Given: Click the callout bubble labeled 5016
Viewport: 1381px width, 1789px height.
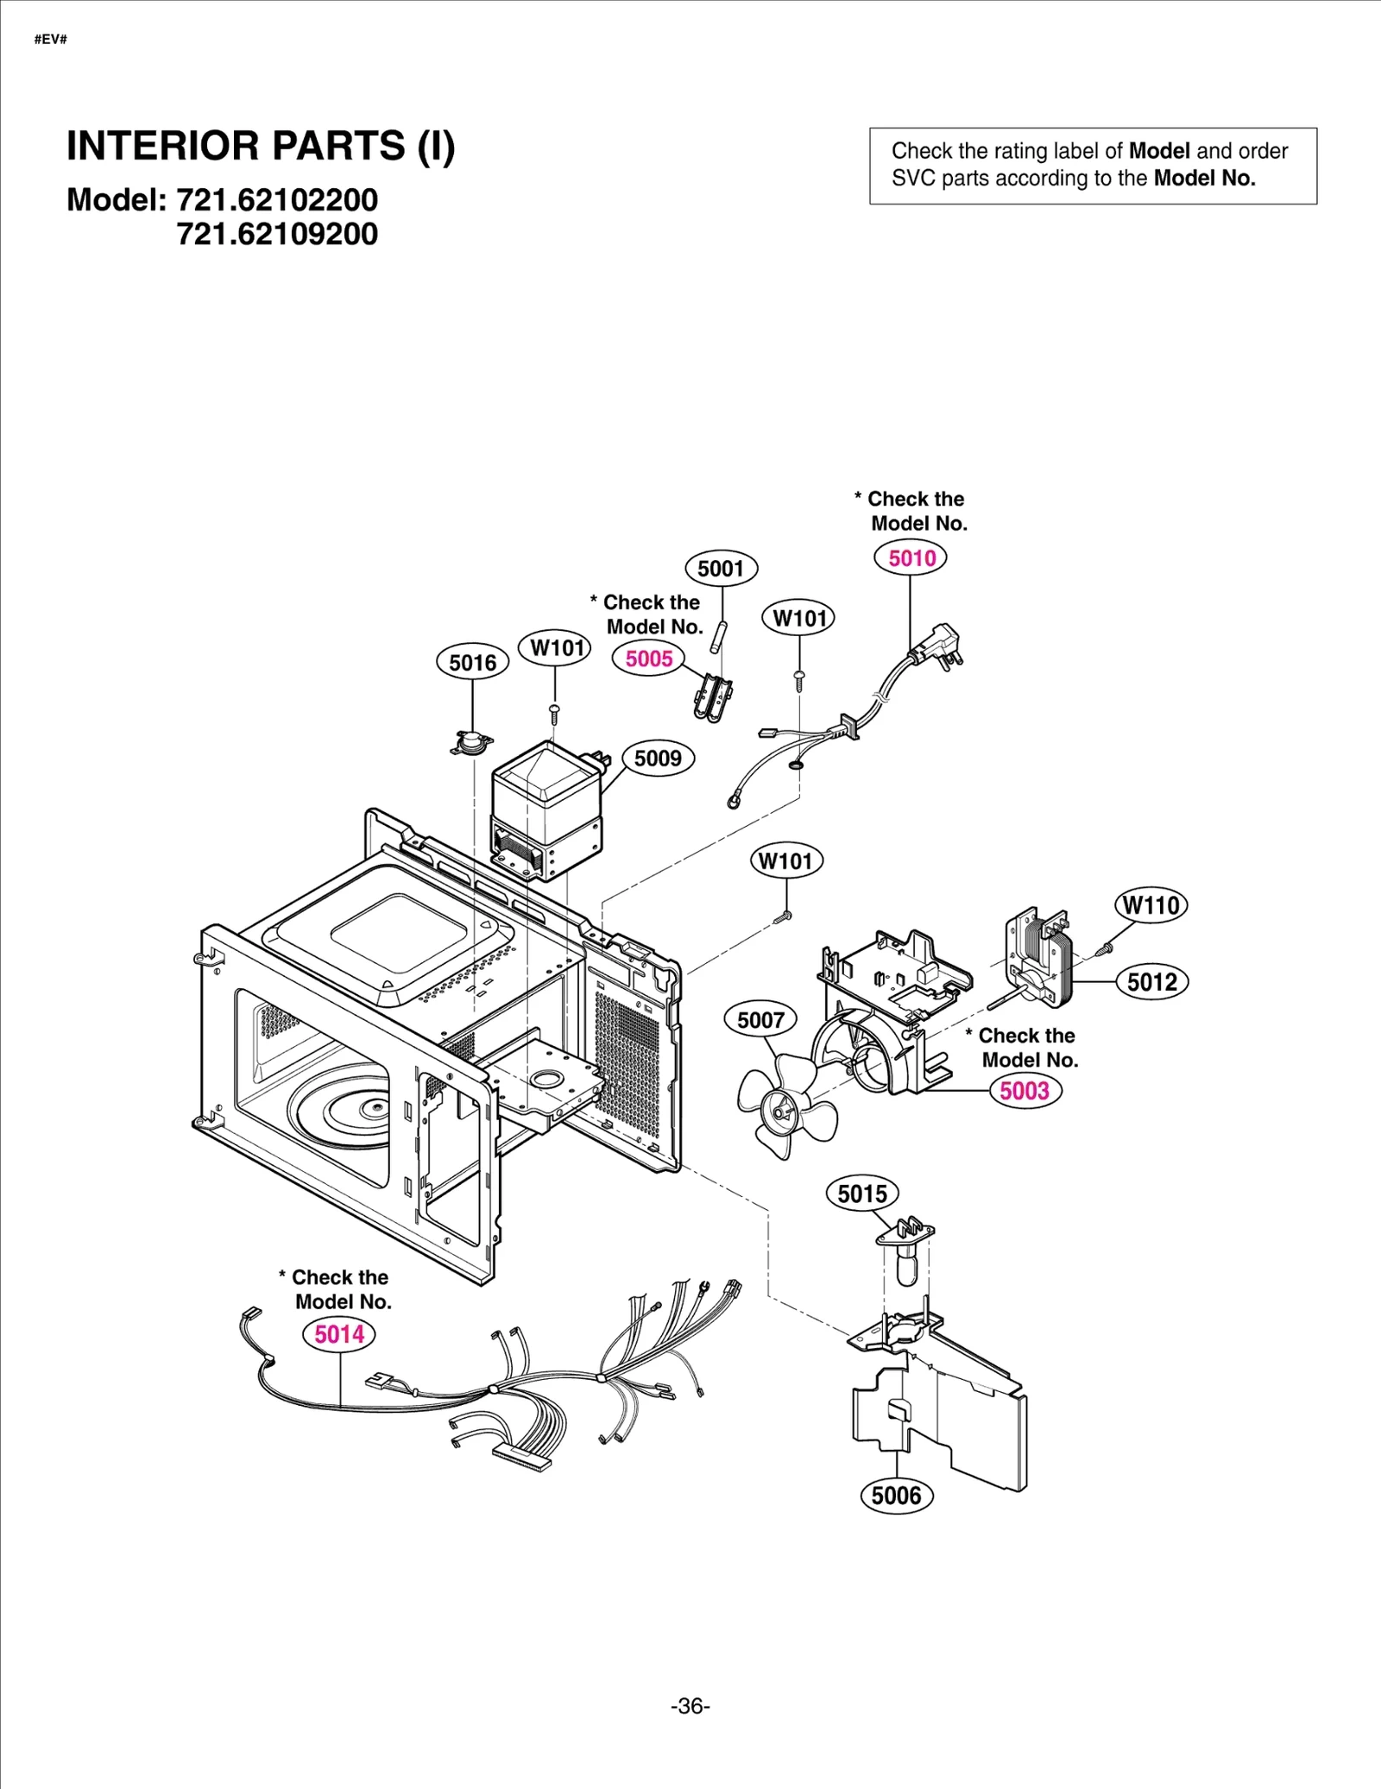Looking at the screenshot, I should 472,662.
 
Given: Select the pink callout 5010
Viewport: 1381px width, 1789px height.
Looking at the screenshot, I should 911,557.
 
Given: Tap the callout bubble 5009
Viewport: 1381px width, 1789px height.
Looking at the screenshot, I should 658,758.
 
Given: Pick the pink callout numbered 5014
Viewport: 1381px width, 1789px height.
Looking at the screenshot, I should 339,1333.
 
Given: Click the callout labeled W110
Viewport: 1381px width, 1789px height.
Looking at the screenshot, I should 1151,904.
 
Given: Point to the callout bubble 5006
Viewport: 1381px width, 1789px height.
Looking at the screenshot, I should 896,1495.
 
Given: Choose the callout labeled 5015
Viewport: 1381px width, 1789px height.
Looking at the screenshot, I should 861,1194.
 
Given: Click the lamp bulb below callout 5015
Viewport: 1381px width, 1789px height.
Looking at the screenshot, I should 905,1268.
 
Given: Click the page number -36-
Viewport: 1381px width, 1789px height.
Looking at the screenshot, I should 690,1706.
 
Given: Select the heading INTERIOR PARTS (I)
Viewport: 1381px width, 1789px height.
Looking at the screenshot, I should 261,145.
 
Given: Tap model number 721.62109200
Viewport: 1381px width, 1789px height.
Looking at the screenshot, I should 277,234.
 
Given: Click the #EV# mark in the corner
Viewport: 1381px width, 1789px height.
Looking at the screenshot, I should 51,40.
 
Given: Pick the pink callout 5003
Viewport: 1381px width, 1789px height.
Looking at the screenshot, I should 1025,1090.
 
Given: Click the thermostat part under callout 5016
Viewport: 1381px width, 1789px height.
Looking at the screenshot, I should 471,741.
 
